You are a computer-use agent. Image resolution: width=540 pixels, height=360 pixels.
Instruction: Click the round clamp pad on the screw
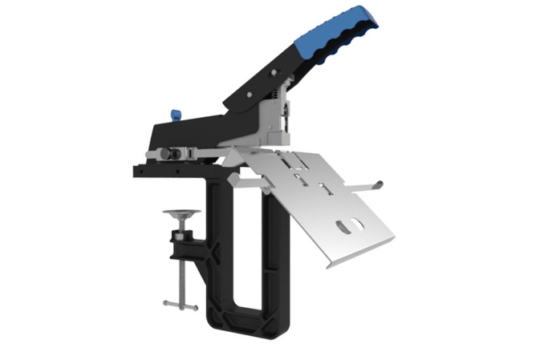(x=181, y=212)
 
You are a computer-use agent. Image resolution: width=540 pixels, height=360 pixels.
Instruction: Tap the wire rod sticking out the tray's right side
(x=371, y=186)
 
